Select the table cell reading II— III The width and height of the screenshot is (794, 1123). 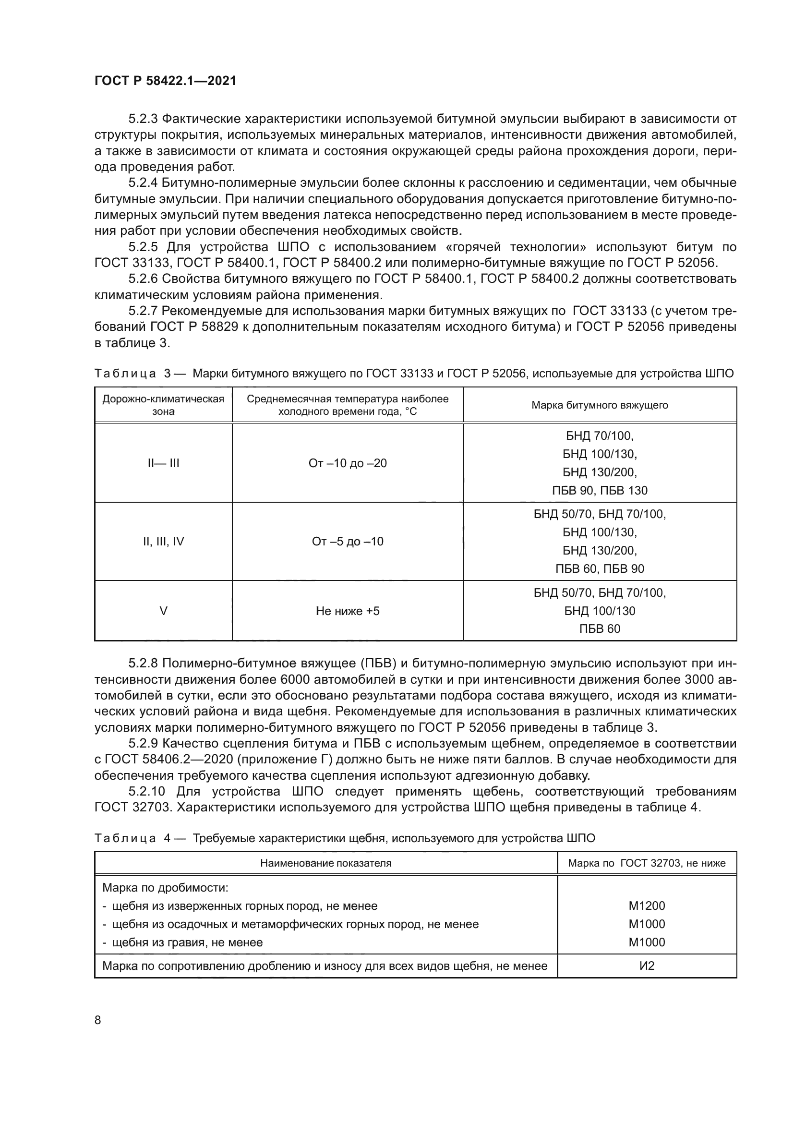[x=163, y=463]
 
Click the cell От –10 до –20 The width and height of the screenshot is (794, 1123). [x=347, y=463]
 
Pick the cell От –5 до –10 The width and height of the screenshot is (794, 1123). [x=347, y=542]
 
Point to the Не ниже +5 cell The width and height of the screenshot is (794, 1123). [x=347, y=611]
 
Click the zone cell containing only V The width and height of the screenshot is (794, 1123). [x=163, y=611]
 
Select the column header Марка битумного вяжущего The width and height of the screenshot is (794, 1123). [x=600, y=405]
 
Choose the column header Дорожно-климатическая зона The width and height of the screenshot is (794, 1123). [x=163, y=405]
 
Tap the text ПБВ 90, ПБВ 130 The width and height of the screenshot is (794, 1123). [x=600, y=491]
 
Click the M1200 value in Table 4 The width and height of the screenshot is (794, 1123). [x=646, y=906]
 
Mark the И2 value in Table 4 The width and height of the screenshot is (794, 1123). [x=646, y=966]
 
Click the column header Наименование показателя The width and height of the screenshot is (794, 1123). [x=325, y=863]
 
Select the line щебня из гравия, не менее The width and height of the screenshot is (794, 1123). [x=187, y=942]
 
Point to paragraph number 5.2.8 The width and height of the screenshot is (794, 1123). [x=143, y=663]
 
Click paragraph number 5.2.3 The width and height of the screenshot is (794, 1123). [x=143, y=119]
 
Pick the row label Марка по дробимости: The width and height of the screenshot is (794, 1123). [x=165, y=888]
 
